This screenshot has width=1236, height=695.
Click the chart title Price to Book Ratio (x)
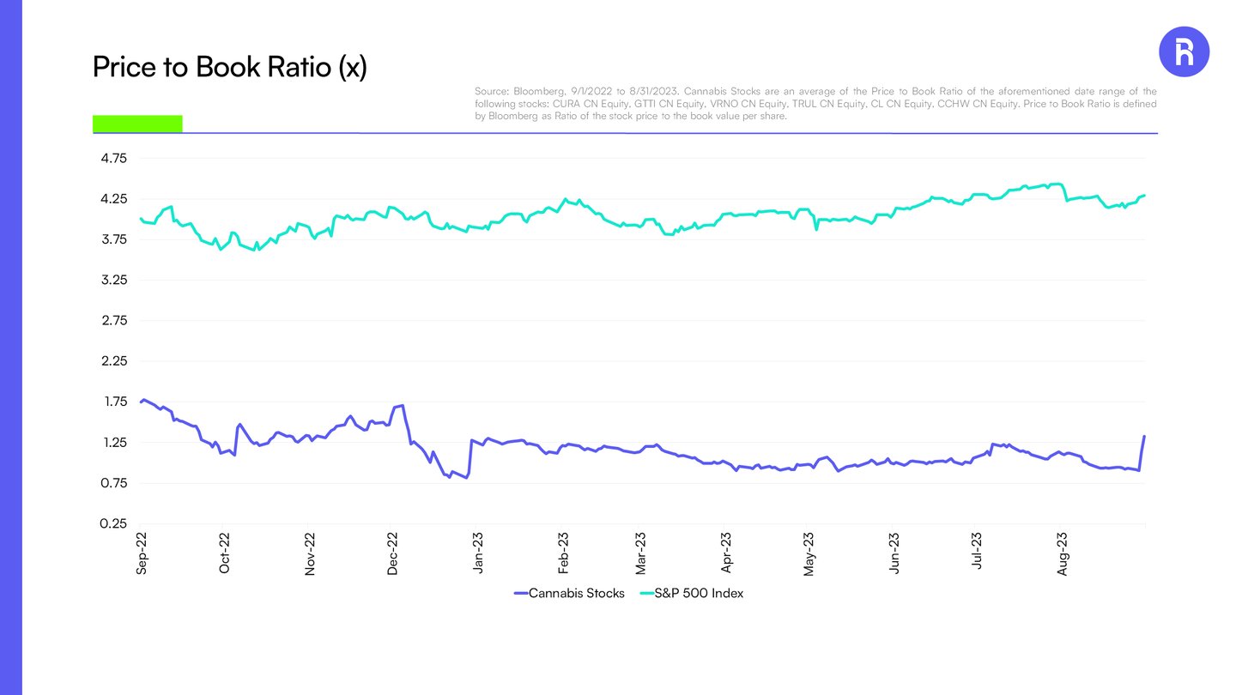229,67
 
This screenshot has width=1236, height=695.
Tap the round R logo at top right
1184,52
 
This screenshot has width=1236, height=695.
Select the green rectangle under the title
137,124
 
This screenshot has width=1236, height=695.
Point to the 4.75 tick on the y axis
114,159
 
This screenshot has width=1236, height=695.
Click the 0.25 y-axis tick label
114,523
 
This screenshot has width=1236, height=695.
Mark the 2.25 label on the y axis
114,361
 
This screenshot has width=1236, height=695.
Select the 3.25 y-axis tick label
114,281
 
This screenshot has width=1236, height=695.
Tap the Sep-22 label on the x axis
142,553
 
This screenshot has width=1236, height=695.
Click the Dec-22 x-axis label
393,553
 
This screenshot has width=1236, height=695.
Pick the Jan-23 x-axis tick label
477,553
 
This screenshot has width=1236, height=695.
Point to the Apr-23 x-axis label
726,553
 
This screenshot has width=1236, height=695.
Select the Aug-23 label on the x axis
1063,553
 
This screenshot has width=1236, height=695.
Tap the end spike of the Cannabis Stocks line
1144,437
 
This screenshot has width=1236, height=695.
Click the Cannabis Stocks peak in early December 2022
403,405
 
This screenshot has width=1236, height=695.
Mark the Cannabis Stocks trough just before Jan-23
466,477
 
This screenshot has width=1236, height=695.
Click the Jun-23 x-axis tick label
895,553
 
